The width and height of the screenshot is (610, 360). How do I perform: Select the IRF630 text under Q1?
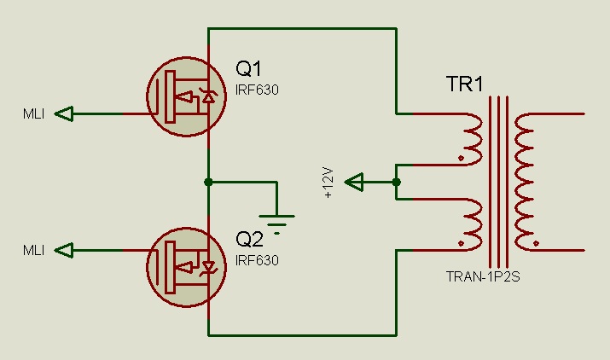click(x=258, y=90)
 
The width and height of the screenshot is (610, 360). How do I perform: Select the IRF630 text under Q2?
click(x=258, y=259)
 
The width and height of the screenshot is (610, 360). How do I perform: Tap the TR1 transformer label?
click(x=465, y=84)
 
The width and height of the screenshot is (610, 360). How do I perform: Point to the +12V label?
click(x=329, y=183)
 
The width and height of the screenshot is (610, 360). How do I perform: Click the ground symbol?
click(x=277, y=220)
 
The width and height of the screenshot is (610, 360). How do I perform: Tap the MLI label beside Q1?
click(x=33, y=113)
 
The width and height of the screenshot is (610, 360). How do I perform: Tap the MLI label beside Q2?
click(x=33, y=250)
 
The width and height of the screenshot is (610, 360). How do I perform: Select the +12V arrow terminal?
click(x=354, y=182)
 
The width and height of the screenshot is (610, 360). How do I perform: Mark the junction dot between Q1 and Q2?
click(x=208, y=182)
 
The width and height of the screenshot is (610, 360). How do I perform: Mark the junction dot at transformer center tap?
click(x=397, y=182)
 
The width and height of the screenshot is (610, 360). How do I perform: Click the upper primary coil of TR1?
click(x=470, y=137)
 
